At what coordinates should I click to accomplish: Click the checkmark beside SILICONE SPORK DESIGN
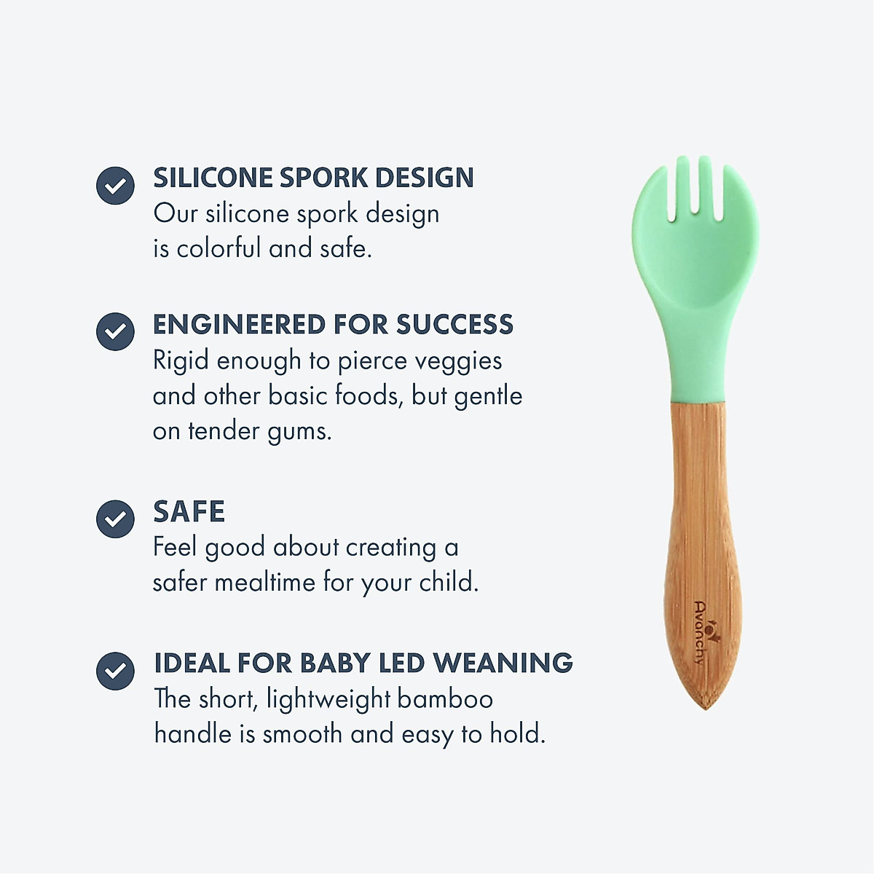point(115,185)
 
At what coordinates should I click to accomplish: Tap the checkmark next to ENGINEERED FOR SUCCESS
point(115,331)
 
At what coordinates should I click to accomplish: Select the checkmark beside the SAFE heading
point(115,519)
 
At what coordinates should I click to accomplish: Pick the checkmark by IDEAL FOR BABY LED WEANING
point(115,670)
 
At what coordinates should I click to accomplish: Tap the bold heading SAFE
point(189,512)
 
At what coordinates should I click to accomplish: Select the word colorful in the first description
point(219,248)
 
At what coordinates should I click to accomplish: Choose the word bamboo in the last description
point(445,699)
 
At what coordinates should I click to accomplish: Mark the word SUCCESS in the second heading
point(454,325)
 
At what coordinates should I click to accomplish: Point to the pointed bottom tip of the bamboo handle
point(705,705)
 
